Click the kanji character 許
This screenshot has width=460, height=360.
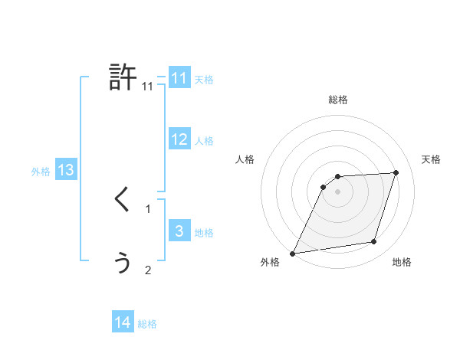[123, 77]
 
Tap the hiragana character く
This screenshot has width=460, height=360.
[122, 200]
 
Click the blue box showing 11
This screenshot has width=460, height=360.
[179, 78]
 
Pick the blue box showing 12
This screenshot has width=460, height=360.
[179, 139]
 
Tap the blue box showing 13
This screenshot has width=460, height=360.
[66, 170]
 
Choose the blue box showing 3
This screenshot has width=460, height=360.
[179, 231]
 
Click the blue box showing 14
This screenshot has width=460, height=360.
[123, 322]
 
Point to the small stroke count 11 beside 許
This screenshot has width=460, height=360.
[148, 87]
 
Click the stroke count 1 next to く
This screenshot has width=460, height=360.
[148, 208]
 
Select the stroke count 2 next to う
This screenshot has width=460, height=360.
[148, 270]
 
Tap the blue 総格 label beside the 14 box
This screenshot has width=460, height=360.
[147, 324]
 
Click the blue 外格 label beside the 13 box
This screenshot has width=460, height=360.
[41, 172]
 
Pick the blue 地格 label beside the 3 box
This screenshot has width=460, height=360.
[204, 233]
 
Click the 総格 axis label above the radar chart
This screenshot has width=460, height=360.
[337, 100]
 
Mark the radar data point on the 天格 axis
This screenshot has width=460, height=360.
[396, 172]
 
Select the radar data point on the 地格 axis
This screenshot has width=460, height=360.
[374, 242]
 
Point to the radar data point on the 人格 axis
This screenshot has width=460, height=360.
[324, 187]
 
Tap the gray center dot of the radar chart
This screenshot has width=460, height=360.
[337, 191]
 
